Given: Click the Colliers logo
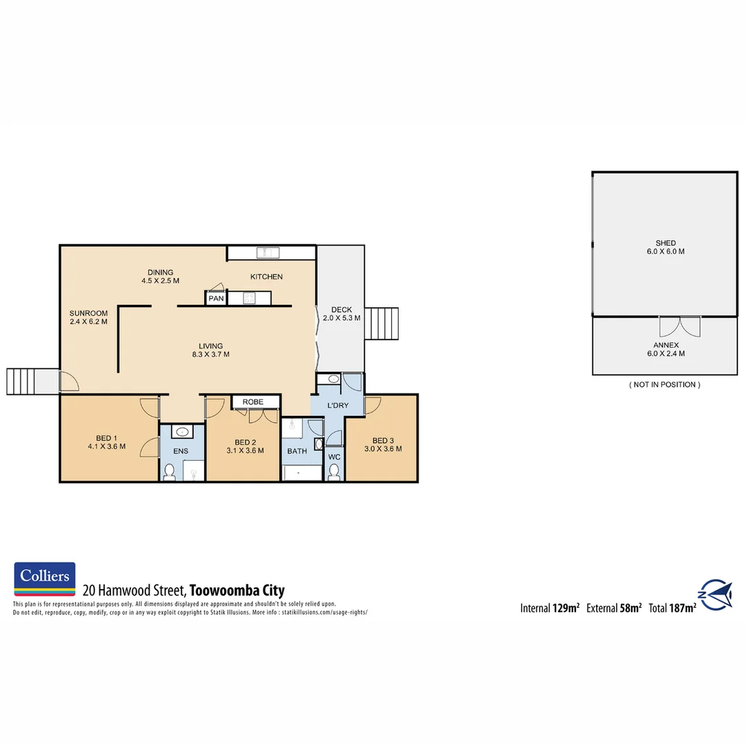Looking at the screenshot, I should [44, 579].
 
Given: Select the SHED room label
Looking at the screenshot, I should [665, 243].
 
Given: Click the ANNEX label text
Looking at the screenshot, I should [666, 345].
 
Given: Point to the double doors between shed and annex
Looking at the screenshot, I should [679, 326].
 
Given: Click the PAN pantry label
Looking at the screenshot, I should [216, 299].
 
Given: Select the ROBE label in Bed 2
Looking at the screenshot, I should [252, 401].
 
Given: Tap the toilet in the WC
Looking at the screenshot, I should [335, 471].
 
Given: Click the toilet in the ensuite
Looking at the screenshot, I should [170, 471].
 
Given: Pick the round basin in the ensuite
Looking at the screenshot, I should [182, 432].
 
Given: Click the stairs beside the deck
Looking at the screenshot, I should [381, 324].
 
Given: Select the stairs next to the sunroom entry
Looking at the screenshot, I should [20, 381].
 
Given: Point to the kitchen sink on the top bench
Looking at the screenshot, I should [267, 252].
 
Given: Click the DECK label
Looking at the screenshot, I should [341, 309].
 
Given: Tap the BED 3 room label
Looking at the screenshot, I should [383, 441].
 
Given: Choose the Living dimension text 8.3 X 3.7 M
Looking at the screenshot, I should [210, 355].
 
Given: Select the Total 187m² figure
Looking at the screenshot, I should [672, 608].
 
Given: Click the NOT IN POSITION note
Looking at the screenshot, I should [664, 384].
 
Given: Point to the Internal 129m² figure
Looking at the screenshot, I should [549, 608].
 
